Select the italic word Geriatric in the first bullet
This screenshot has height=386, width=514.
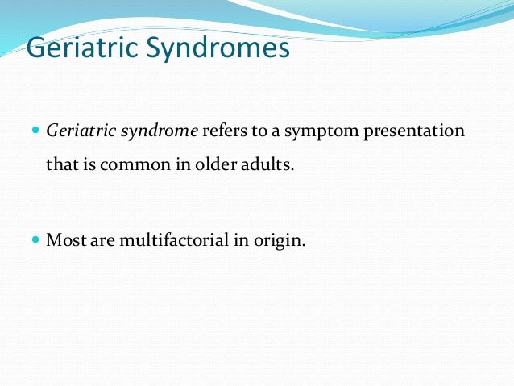point(81,131)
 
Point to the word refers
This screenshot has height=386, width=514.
point(222,131)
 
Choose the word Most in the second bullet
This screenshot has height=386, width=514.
point(64,239)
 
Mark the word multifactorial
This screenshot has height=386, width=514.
point(162,239)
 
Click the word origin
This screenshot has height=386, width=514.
point(280,239)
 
